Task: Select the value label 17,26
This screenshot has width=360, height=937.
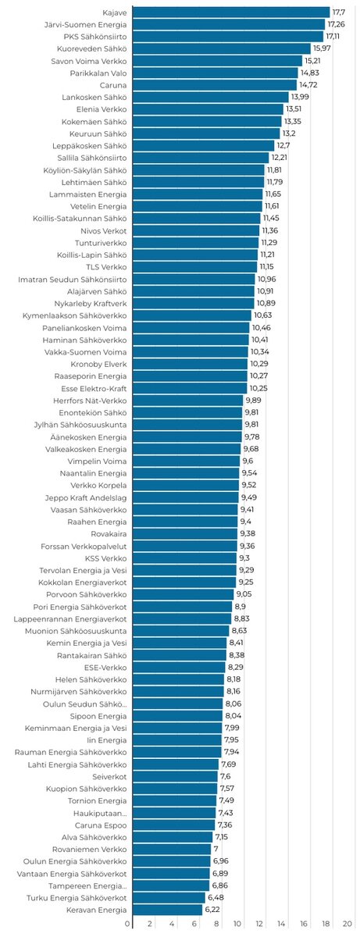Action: (337, 24)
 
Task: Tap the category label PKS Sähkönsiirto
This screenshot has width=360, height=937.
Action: (93, 37)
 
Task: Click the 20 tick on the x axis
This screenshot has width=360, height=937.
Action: (353, 924)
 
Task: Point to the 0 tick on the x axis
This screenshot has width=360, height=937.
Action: (128, 924)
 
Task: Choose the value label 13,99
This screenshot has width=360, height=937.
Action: (300, 97)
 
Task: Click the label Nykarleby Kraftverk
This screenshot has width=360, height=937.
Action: (87, 303)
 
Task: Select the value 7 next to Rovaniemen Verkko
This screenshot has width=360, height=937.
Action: (216, 849)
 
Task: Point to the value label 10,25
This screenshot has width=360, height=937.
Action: (259, 388)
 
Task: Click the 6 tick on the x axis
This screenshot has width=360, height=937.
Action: (195, 924)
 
